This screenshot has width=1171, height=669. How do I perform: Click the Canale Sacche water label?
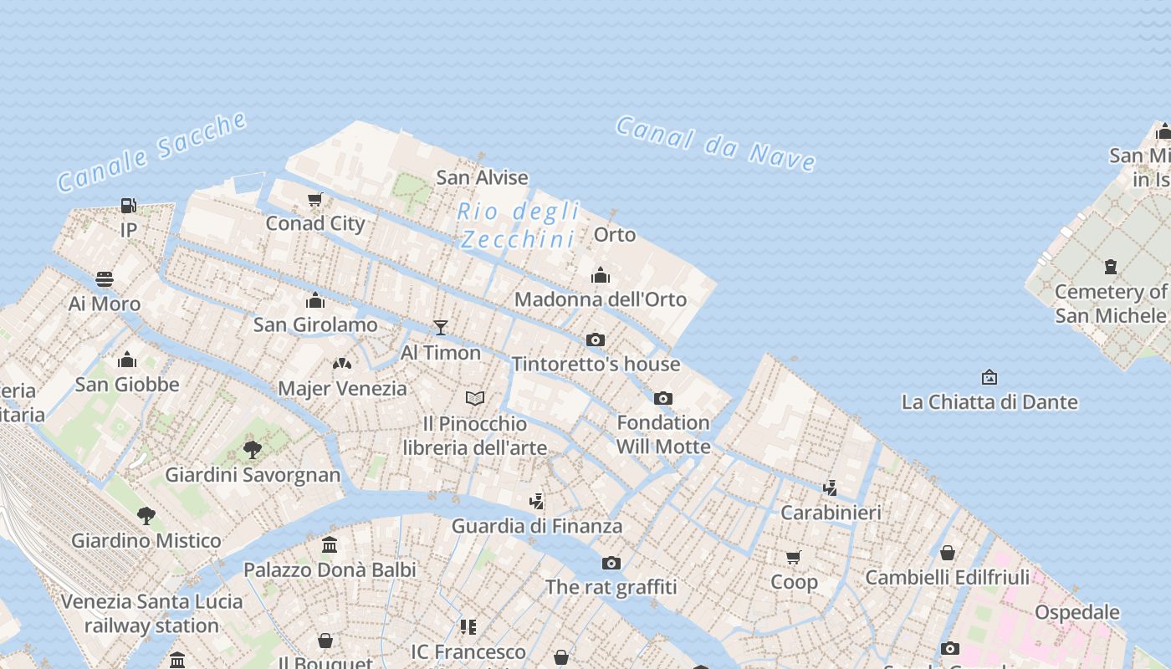click(152, 151)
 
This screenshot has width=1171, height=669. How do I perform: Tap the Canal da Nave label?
click(716, 143)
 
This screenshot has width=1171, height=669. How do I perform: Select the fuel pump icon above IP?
click(128, 205)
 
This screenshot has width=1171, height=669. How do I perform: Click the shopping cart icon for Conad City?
click(315, 199)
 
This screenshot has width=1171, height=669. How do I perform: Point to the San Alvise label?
click(482, 177)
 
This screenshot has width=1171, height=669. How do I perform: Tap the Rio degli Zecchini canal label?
click(519, 225)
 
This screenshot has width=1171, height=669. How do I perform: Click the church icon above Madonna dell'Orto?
click(600, 275)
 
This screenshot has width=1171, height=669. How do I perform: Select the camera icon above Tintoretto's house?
click(596, 340)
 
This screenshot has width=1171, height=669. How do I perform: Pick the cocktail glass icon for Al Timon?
click(441, 327)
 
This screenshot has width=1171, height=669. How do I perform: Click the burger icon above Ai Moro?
click(105, 278)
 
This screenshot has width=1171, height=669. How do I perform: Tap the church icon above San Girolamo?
click(315, 300)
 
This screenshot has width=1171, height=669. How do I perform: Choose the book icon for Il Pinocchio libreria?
click(475, 398)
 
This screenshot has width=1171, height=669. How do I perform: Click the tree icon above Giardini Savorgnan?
click(253, 450)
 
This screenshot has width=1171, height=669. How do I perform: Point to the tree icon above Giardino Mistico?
click(146, 515)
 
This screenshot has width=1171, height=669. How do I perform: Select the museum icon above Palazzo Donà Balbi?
click(330, 545)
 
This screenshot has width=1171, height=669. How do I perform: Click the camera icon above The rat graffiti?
click(611, 563)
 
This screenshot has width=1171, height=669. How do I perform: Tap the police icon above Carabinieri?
click(831, 488)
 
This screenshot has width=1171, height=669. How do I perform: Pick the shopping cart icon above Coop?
click(794, 557)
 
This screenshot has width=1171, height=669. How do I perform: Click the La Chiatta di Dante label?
click(989, 402)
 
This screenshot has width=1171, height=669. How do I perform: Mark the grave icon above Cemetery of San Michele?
click(1110, 267)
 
